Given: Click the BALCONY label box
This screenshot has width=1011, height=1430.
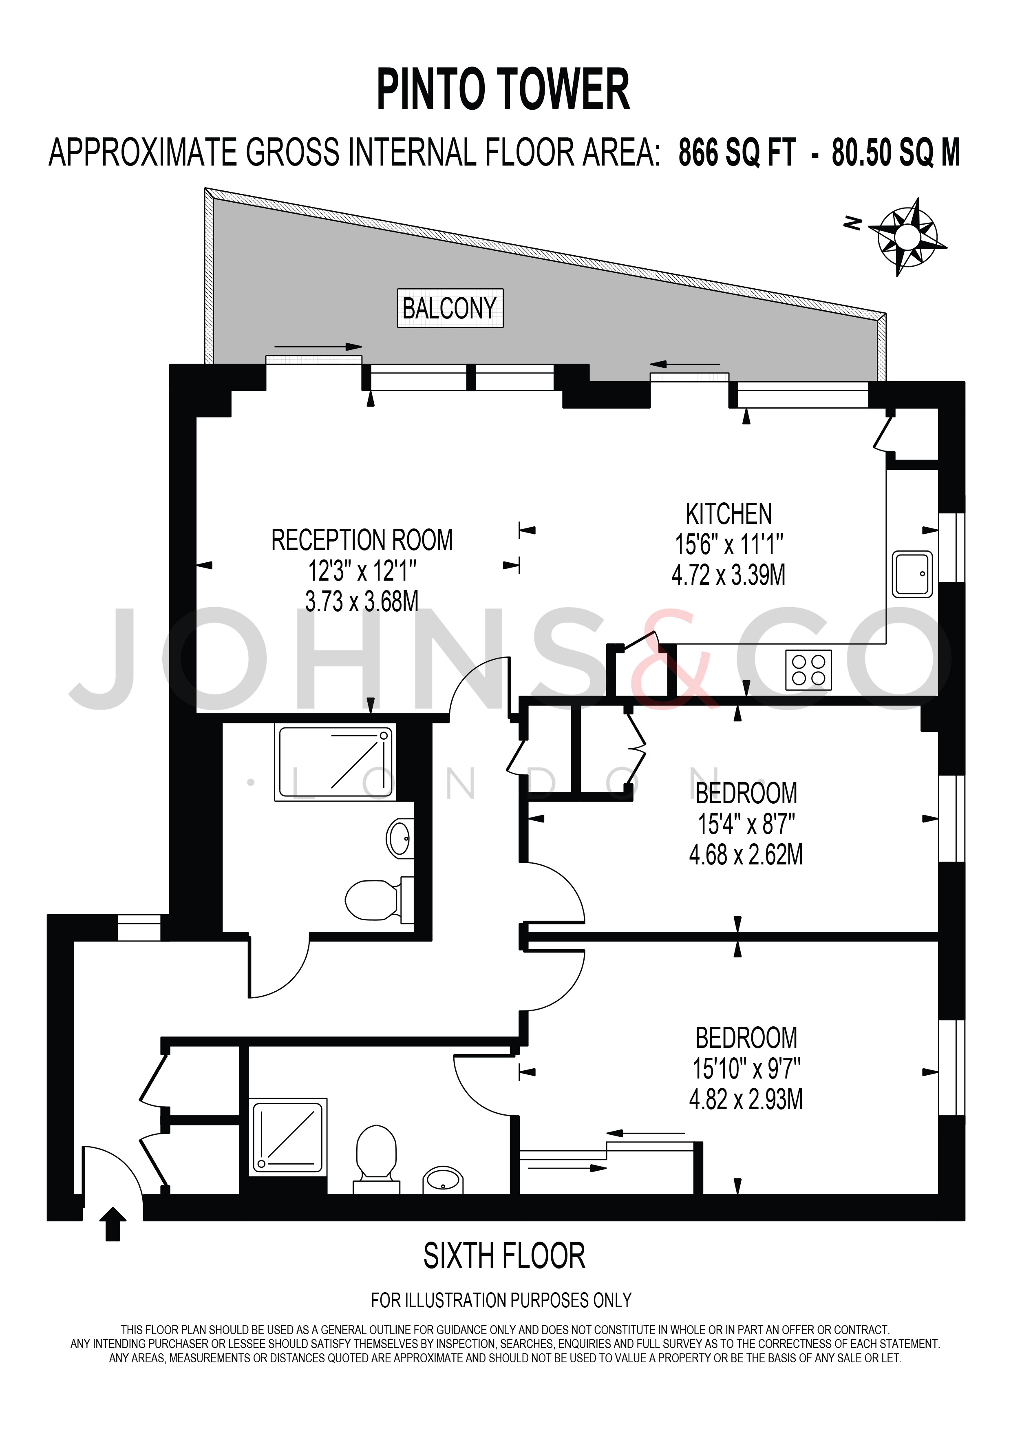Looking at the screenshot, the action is [x=450, y=308].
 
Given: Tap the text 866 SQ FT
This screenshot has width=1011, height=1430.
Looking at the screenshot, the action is [x=737, y=153].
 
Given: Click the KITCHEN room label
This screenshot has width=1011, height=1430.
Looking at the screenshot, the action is [x=728, y=515].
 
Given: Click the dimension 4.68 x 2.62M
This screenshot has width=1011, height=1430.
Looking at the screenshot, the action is [x=746, y=855].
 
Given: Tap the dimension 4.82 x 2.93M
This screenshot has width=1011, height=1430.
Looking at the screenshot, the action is [x=746, y=1099].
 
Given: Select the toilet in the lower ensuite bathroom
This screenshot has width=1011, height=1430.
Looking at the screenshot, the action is [x=377, y=1158].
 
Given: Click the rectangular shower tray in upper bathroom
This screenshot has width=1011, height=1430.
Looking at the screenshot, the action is [x=335, y=763].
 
